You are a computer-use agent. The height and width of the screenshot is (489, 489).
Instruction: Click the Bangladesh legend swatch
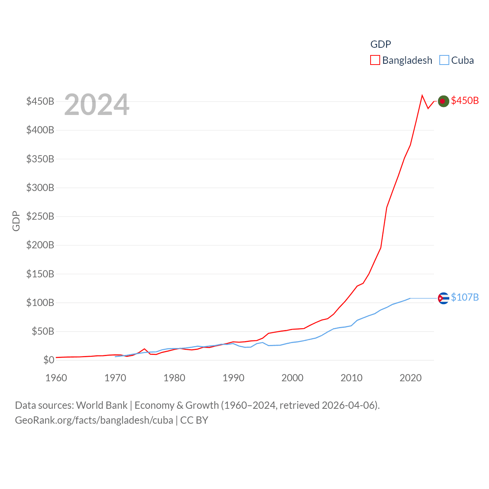point(375,60)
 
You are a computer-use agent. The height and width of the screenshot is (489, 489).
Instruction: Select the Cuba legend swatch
point(444,60)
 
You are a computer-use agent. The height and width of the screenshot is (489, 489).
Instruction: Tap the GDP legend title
point(381,44)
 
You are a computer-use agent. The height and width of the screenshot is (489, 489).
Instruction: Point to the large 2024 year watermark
point(97,105)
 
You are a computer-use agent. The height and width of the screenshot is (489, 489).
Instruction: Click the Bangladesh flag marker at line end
point(443,101)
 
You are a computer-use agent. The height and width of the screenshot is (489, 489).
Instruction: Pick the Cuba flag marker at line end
point(443,298)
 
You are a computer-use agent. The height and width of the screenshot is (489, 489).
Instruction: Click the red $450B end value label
point(465,100)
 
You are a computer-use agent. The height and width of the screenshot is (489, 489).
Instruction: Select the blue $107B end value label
point(465,297)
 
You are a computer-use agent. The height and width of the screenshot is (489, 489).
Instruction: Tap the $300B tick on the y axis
point(40,188)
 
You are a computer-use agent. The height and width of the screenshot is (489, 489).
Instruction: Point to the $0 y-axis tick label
point(49,360)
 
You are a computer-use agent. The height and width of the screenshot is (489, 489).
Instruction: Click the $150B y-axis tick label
point(40,274)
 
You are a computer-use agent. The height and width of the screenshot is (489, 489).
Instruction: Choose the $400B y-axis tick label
point(40,130)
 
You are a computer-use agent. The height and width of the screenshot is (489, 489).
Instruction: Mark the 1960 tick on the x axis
point(56,378)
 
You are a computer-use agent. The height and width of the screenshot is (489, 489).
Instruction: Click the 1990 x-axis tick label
point(233,378)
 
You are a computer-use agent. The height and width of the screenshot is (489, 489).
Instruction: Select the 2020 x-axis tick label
point(410,378)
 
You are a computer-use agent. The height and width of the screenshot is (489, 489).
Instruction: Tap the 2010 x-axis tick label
point(351,378)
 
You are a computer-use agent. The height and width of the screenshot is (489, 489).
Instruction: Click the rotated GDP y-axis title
point(16,221)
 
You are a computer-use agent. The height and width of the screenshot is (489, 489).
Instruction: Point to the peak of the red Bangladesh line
point(422,96)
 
